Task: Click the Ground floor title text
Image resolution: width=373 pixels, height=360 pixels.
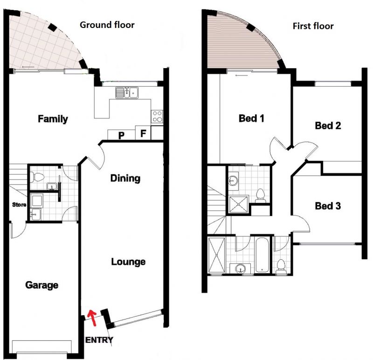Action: tap(107, 25)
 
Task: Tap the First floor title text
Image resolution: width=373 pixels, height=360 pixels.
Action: tap(313, 26)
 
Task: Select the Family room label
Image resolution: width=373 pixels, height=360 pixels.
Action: tap(53, 119)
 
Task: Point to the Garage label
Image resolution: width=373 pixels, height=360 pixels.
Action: tap(42, 285)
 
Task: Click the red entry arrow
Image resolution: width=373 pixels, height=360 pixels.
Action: tap(92, 318)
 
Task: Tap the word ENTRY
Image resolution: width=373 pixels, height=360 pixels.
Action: tap(99, 340)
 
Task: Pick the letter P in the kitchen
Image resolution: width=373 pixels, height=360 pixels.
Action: tap(121, 135)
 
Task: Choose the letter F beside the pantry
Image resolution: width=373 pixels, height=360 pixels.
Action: tap(143, 133)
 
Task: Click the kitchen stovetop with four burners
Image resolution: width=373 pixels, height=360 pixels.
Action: tap(157, 117)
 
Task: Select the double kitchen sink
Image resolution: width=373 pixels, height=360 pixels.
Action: tap(127, 92)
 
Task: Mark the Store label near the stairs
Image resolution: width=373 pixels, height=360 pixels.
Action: tap(19, 204)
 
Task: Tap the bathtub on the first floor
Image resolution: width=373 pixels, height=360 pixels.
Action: tap(262, 255)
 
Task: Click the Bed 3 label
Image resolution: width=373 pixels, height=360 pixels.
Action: tap(328, 206)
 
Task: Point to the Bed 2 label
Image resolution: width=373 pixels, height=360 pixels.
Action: tap(328, 125)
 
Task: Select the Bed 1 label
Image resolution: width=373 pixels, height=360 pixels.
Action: tap(251, 118)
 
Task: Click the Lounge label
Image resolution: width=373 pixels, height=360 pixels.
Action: tap(128, 262)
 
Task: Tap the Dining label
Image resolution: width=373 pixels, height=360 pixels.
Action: tap(125, 178)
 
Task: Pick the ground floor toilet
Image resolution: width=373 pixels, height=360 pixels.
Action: tap(38, 177)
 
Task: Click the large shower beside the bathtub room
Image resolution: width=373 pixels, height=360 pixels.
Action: tap(216, 255)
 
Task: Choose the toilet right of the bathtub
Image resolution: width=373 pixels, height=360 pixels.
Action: tap(281, 266)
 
